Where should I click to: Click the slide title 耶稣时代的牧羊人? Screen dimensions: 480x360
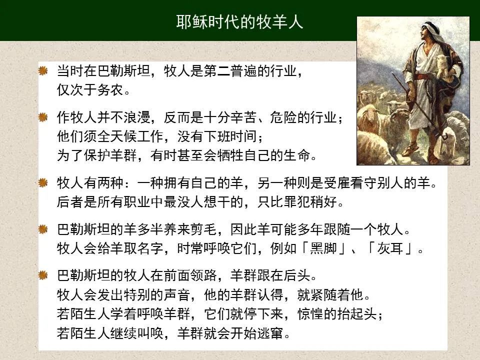239,22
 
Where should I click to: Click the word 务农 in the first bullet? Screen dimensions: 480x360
110,90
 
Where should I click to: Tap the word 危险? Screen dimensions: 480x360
283,117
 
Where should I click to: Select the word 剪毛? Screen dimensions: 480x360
203,229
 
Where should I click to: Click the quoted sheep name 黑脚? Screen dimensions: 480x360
323,248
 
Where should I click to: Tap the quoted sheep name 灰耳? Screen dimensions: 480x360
390,248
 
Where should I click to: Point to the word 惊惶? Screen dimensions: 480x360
310,314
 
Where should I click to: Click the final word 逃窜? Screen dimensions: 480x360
270,333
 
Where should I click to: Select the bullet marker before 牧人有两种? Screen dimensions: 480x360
43,182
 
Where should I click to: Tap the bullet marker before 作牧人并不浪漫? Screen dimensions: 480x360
43,116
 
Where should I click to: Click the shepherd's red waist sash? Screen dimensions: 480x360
423,76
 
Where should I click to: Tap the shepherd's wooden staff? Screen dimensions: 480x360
416,104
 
